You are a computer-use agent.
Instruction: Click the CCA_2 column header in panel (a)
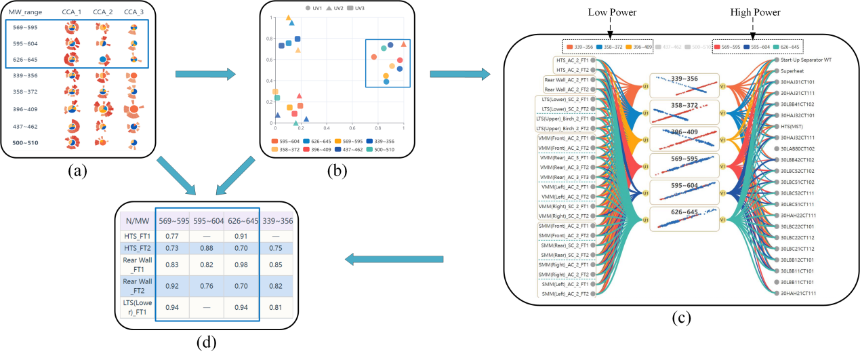pyautogui.click(x=103, y=12)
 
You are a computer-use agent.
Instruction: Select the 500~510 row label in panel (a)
pyautogui.click(x=24, y=142)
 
